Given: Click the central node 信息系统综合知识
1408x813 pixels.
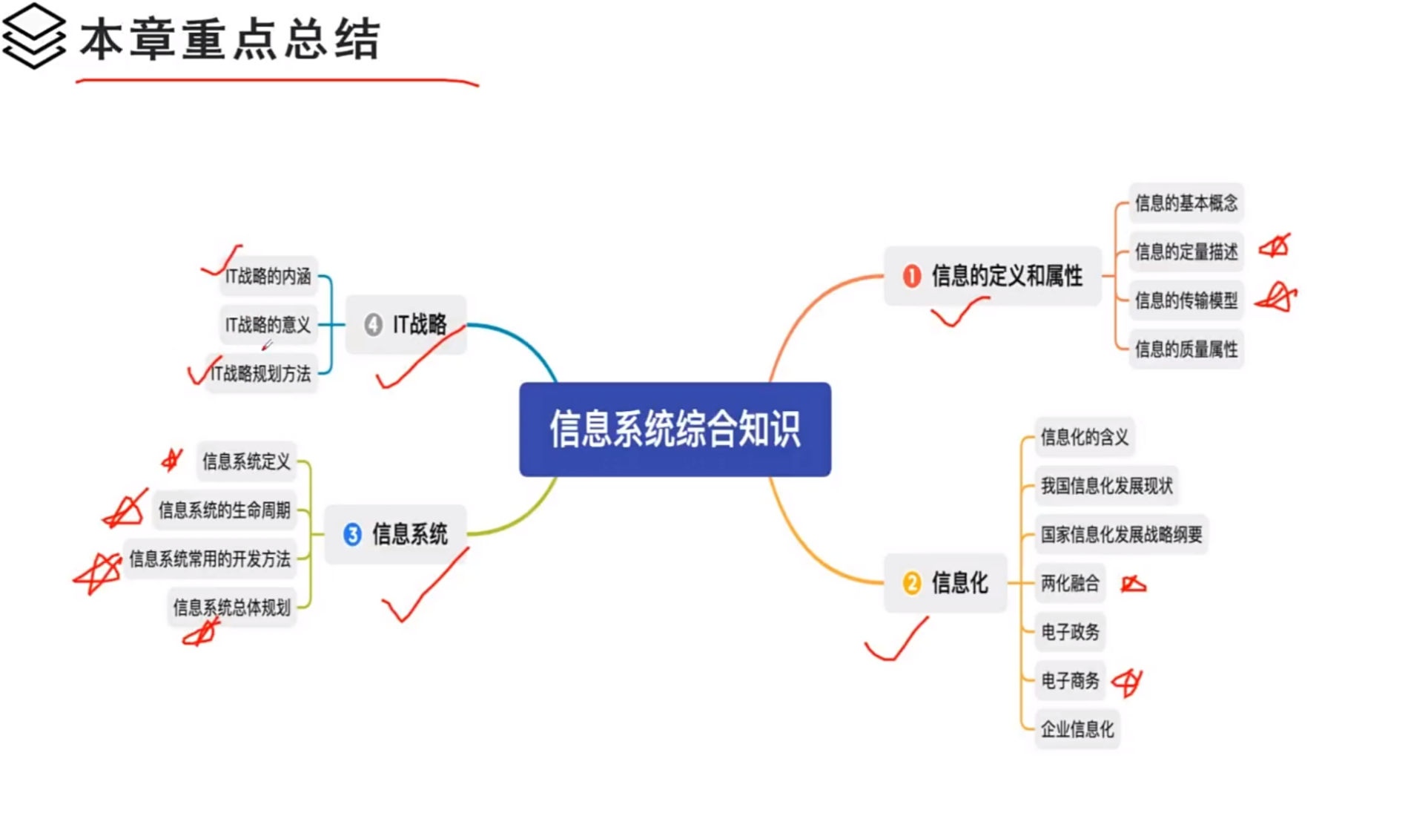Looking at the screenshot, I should click(x=675, y=429).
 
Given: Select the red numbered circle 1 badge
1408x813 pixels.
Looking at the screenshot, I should click(x=911, y=276).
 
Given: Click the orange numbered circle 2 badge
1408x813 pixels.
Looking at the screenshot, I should click(x=911, y=583).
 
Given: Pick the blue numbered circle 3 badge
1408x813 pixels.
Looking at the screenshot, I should click(x=352, y=534).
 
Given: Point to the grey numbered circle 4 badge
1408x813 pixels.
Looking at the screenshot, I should click(x=373, y=324).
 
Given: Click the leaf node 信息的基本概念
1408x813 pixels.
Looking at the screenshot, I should click(x=1186, y=203).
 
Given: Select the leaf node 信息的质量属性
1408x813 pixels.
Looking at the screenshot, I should click(x=1186, y=349).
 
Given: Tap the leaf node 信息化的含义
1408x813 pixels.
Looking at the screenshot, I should click(x=1084, y=437).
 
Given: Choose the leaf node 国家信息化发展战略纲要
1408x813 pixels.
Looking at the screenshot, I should click(x=1121, y=534).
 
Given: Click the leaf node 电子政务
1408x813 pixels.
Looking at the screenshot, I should click(x=1070, y=632).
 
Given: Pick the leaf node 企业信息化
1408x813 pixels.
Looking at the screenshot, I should click(x=1077, y=729).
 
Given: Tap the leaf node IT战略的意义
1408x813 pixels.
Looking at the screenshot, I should click(x=268, y=325).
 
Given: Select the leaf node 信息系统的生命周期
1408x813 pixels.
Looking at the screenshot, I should click(x=224, y=510).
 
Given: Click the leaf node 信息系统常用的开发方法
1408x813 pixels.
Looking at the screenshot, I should click(x=210, y=559).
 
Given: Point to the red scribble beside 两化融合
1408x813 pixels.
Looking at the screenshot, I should click(x=1133, y=585).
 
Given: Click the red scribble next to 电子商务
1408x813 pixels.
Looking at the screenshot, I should click(x=1127, y=681).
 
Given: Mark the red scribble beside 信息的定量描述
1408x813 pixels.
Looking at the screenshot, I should click(x=1275, y=246).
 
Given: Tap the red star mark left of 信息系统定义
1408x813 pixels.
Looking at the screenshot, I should click(x=172, y=460).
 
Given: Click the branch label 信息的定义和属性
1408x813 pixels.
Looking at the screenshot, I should click(x=1006, y=276).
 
